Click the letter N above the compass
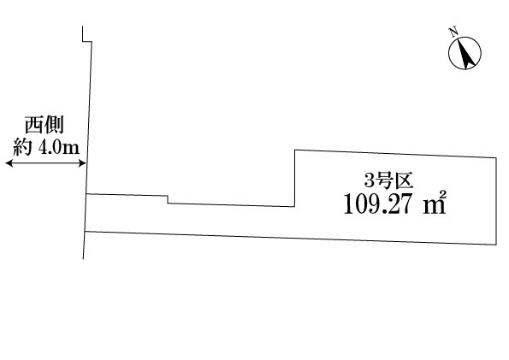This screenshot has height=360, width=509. point(453,32)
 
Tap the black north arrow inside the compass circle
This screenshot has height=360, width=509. point(466,54)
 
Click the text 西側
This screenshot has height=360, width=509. point(44,125)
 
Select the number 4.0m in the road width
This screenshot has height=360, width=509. point(59,148)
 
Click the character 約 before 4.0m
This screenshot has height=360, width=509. point(22,147)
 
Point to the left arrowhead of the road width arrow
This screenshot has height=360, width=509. point(9,163)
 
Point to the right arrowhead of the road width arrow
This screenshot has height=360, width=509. point(82,163)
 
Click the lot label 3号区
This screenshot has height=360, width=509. point(388,180)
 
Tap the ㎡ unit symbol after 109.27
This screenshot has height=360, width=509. point(435,203)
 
